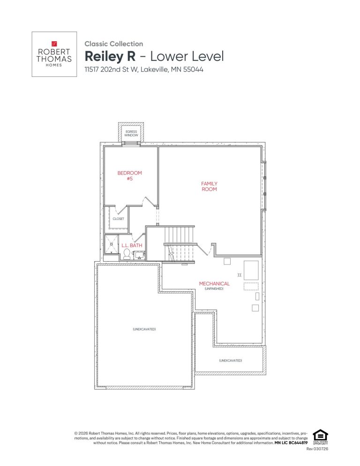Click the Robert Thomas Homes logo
click(x=54, y=54)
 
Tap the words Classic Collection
click(x=113, y=44)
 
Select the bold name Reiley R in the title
click(x=110, y=56)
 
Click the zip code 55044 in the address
click(x=192, y=69)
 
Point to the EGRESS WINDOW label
click(x=131, y=133)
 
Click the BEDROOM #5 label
click(x=129, y=175)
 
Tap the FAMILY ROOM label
click(x=209, y=186)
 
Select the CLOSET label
click(x=118, y=218)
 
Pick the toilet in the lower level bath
click(x=127, y=255)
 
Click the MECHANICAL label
click(x=214, y=284)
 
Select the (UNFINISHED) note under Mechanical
click(x=214, y=289)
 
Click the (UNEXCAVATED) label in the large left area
click(x=144, y=329)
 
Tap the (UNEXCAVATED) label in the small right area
click(x=230, y=360)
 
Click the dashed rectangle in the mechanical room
click(x=251, y=286)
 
